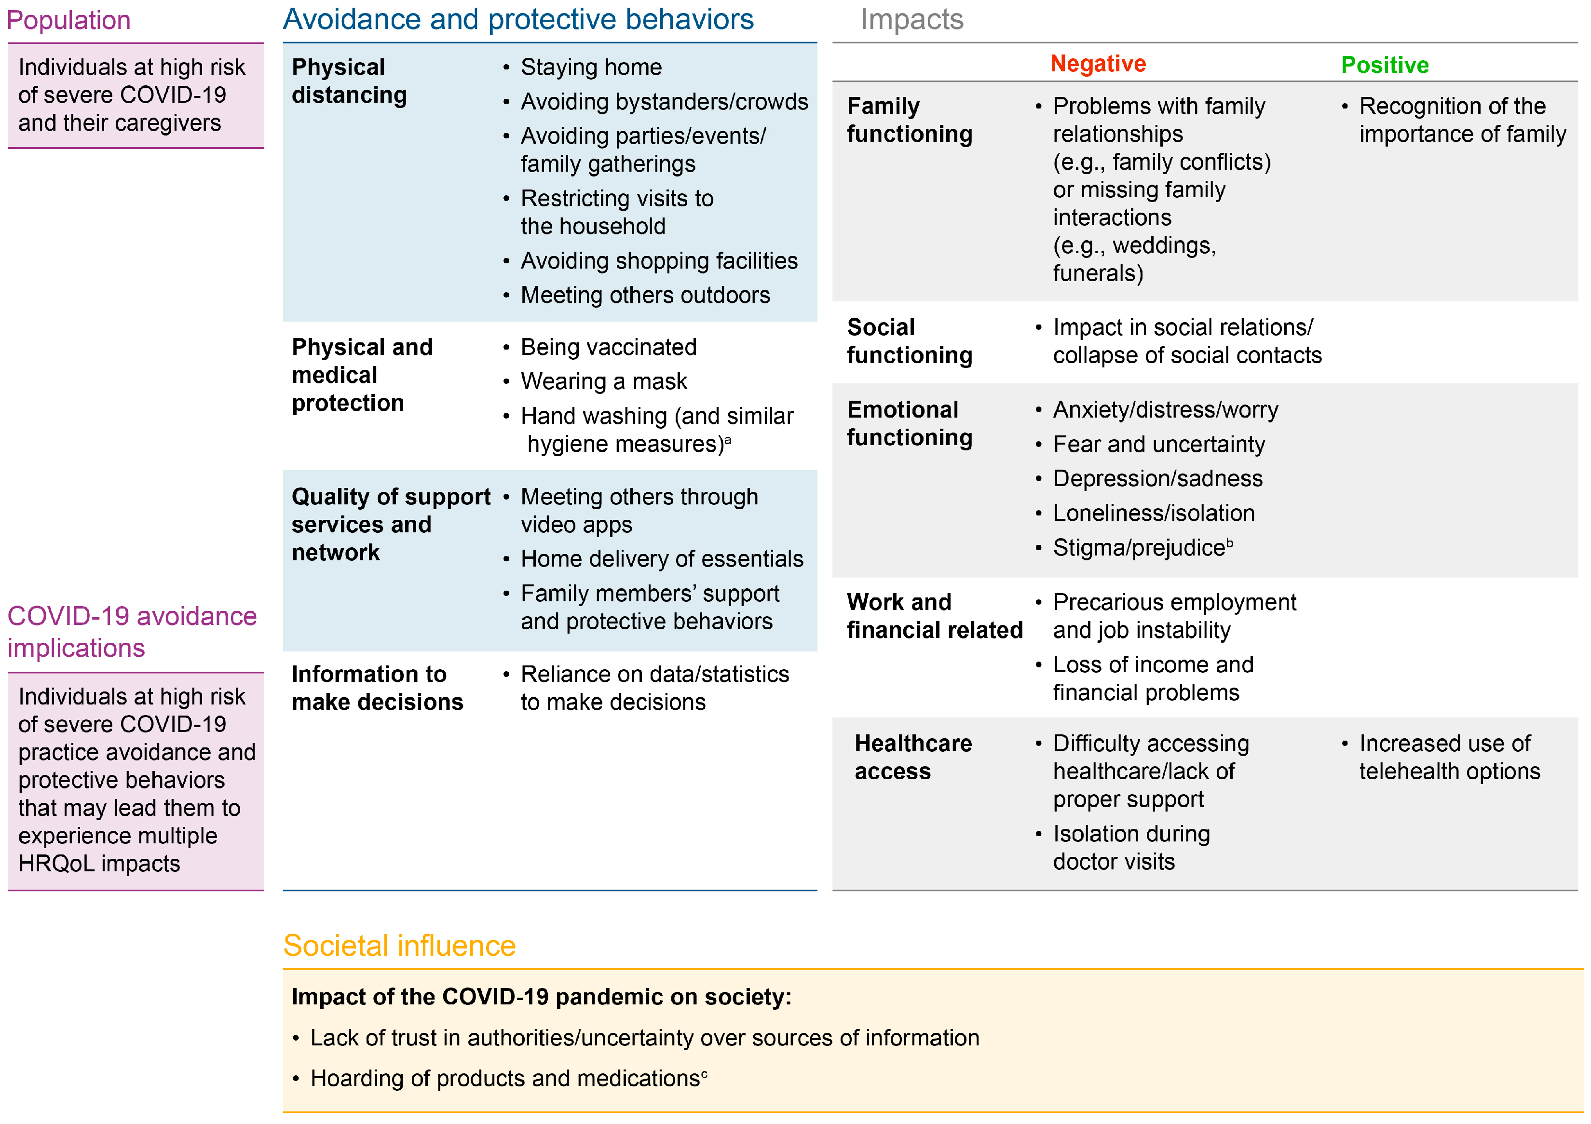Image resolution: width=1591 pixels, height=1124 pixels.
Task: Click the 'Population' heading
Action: pyautogui.click(x=68, y=20)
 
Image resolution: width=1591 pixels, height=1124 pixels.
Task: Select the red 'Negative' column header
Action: pyautogui.click(x=1098, y=64)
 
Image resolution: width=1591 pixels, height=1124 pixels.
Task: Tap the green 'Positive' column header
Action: pyautogui.click(x=1385, y=65)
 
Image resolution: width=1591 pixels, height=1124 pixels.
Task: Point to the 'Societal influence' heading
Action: pyautogui.click(x=399, y=946)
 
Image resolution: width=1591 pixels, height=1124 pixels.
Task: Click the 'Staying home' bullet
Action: pyautogui.click(x=591, y=67)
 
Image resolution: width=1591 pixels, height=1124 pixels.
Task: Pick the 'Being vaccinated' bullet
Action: pyautogui.click(x=609, y=347)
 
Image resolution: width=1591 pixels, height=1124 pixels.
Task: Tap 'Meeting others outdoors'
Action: pyautogui.click(x=645, y=295)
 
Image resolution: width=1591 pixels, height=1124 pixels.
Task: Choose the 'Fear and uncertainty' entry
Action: pyautogui.click(x=1158, y=444)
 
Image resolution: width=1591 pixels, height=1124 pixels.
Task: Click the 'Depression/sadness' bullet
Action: pyautogui.click(x=1157, y=479)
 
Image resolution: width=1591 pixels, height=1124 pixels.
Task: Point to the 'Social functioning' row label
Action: pyautogui.click(x=909, y=341)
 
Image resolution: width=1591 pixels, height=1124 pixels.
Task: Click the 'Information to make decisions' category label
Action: pyautogui.click(x=377, y=688)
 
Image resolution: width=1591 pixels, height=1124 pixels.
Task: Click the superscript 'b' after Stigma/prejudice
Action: pyautogui.click(x=1229, y=542)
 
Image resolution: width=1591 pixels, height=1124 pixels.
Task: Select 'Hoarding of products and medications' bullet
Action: pyautogui.click(x=504, y=1079)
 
